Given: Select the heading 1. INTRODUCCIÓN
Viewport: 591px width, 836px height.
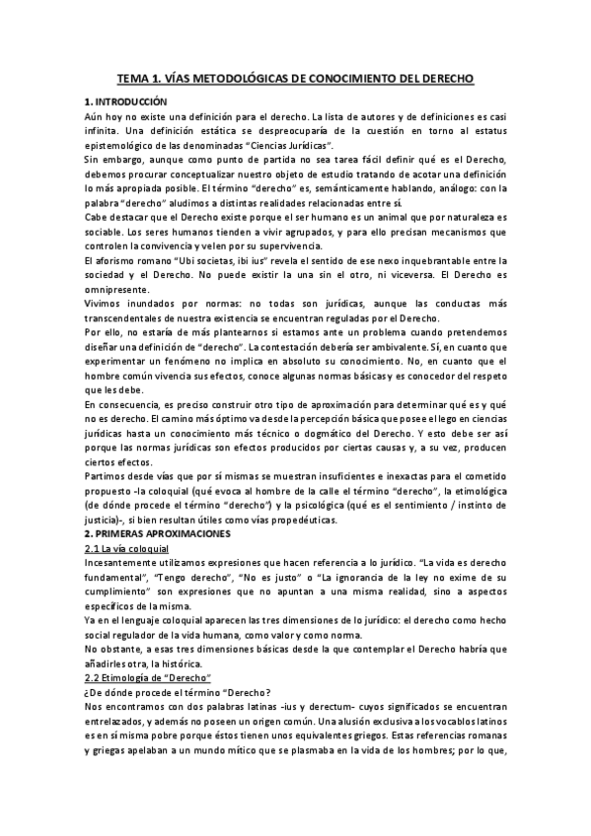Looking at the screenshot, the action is point(126,102).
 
